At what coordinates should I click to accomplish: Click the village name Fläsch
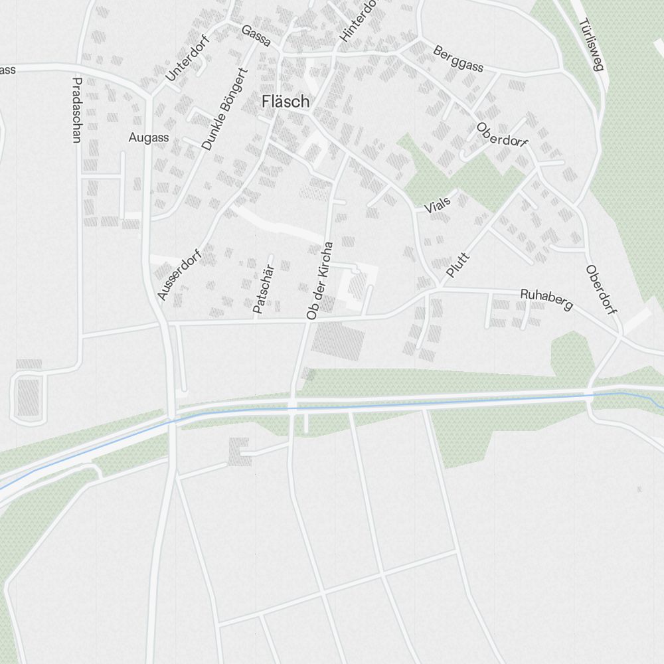coord(286,102)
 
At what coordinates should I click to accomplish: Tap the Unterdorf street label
coord(187,58)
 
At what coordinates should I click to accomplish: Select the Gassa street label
coord(256,36)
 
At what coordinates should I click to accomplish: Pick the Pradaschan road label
coord(76,110)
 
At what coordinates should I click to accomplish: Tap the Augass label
coord(149,138)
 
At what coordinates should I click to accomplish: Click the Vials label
coord(438,205)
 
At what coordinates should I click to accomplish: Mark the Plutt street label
coord(458,265)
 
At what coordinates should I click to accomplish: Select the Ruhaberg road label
coord(546,299)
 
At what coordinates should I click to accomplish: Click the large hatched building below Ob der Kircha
coord(339,341)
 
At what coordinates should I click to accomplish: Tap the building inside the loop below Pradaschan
coord(28,396)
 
